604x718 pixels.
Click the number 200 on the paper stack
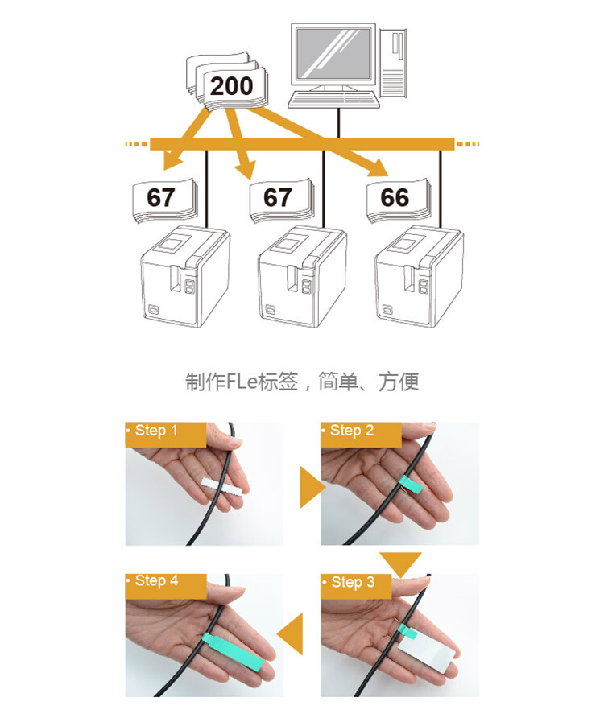click(x=231, y=85)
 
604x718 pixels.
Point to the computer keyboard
click(x=333, y=100)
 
